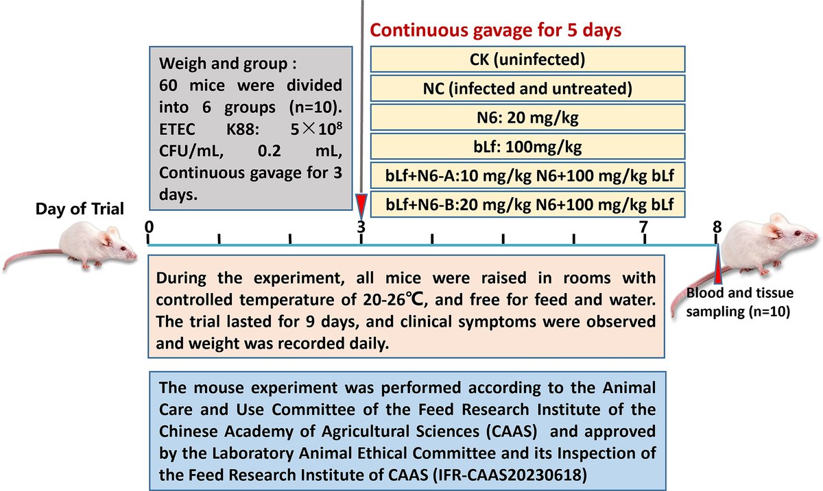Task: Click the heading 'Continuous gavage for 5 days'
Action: [x=497, y=31]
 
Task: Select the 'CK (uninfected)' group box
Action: [x=527, y=60]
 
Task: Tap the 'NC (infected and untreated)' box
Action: [x=527, y=88]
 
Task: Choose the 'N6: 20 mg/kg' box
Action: [x=527, y=117]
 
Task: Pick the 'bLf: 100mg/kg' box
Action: [x=527, y=146]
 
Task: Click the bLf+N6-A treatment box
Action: [x=527, y=175]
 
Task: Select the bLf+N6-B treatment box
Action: [x=527, y=204]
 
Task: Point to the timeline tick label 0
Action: [x=149, y=226]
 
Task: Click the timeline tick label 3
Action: [x=361, y=226]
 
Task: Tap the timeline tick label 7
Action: [x=644, y=226]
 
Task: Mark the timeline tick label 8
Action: [x=717, y=226]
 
